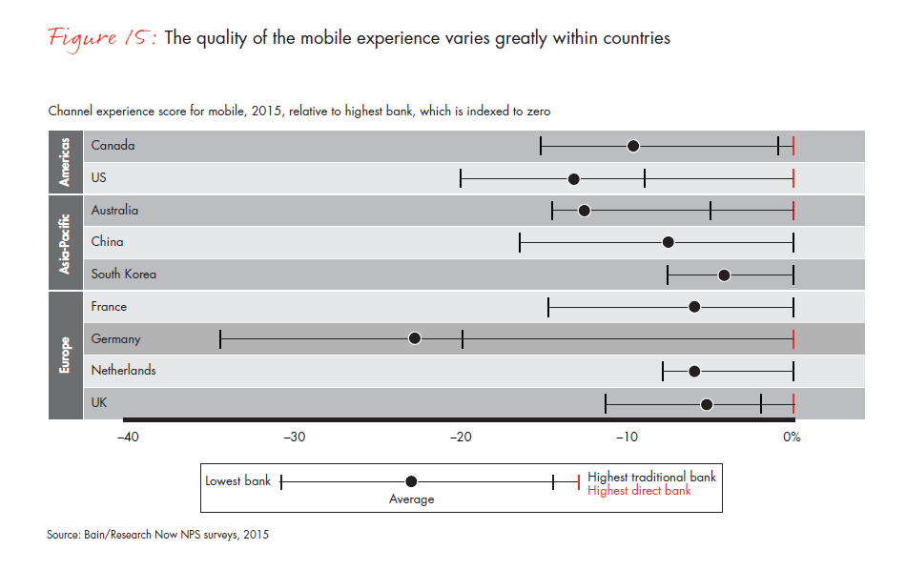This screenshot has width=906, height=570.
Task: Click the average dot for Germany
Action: (x=415, y=338)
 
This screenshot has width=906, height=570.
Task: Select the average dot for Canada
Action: (x=633, y=146)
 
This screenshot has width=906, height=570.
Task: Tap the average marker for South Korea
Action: (x=724, y=275)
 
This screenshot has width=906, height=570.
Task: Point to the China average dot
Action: (x=669, y=242)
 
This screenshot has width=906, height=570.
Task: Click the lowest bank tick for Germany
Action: (x=220, y=338)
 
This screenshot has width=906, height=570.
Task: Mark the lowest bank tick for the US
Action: (x=461, y=178)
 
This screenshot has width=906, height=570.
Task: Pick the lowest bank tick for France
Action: (x=548, y=306)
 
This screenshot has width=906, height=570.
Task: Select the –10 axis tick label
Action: (x=627, y=438)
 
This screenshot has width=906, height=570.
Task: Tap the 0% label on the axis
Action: (x=791, y=438)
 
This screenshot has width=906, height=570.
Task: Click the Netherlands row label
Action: (x=123, y=370)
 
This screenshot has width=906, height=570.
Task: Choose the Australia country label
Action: (x=114, y=210)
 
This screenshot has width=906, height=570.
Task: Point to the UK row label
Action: (x=99, y=402)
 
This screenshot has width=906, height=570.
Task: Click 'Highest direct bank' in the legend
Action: (x=639, y=491)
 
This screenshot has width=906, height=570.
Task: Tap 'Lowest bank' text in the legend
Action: (x=238, y=481)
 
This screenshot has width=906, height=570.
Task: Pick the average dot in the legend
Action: (x=411, y=481)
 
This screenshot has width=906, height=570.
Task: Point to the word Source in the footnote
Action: (x=64, y=535)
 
